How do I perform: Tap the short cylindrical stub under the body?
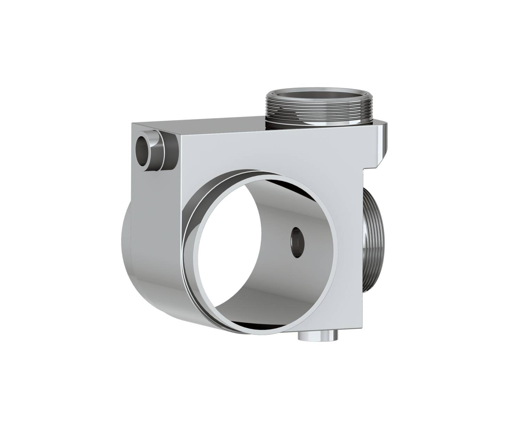click(318, 336)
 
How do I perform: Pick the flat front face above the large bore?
click(271, 153)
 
